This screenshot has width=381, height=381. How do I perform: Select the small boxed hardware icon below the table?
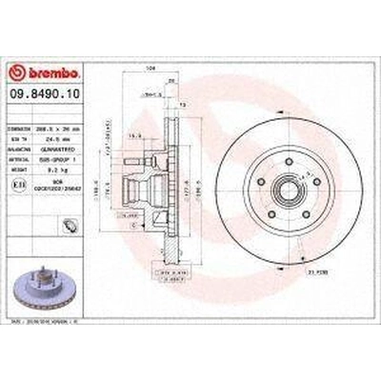[70, 226]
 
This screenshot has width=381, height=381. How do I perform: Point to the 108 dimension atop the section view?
[150, 96]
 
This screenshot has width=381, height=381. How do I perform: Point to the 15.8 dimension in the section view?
[137, 135]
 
